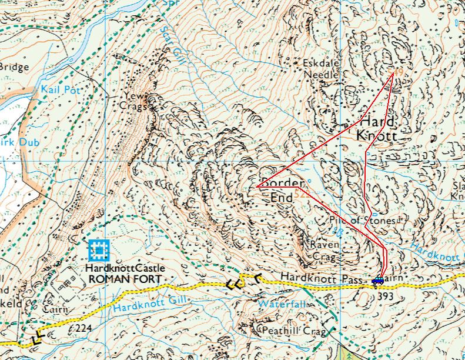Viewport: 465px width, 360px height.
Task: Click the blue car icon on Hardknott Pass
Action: (x=377, y=281)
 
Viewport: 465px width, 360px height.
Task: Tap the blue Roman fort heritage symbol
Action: (x=98, y=251)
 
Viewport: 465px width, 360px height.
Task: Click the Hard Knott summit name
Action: (x=377, y=129)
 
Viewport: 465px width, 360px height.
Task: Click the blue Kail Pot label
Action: (x=61, y=89)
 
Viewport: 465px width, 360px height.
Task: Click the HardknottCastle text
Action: (x=125, y=268)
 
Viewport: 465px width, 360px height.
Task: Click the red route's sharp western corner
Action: (x=257, y=186)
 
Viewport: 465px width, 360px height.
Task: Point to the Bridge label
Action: (x=14, y=67)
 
